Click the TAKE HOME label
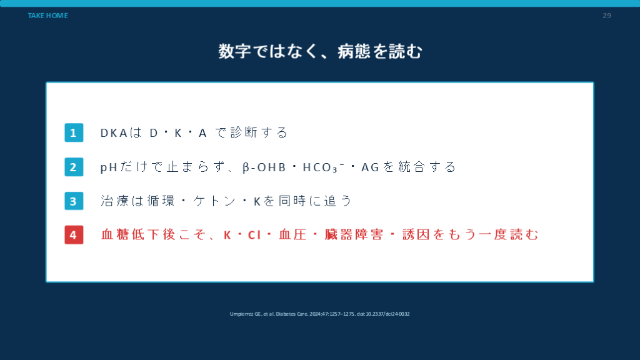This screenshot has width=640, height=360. (47, 16)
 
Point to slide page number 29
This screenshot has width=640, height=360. (606, 16)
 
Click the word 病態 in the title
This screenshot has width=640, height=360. (354, 51)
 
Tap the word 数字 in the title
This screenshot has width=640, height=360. (235, 51)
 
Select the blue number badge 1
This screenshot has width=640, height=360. (74, 132)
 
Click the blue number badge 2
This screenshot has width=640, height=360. (74, 167)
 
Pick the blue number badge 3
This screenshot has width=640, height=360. (74, 201)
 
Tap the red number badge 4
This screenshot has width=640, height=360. (74, 235)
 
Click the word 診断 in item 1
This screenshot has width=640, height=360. (244, 132)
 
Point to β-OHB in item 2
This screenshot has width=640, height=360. (264, 167)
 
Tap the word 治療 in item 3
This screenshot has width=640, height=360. (115, 201)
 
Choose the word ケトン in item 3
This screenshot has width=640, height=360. (215, 201)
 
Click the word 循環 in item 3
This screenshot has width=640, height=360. (161, 201)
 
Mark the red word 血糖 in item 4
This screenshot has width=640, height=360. (115, 235)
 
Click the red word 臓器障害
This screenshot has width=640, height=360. (354, 235)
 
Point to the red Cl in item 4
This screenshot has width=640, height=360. (254, 235)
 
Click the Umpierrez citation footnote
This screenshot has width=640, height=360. (319, 314)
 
